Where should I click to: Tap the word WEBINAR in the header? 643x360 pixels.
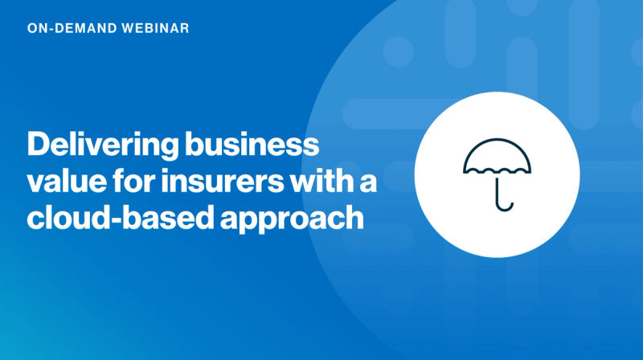(x=150, y=28)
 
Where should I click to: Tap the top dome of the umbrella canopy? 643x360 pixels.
(x=496, y=150)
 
